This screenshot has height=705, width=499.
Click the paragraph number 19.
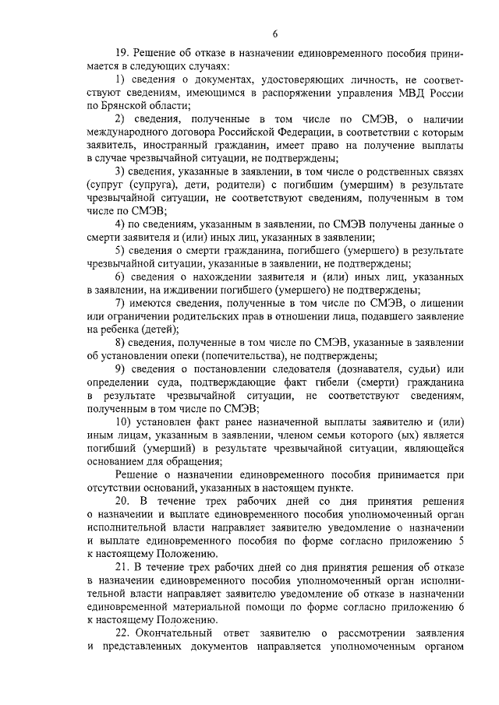(x=122, y=54)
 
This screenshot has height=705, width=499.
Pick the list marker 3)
(x=121, y=171)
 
